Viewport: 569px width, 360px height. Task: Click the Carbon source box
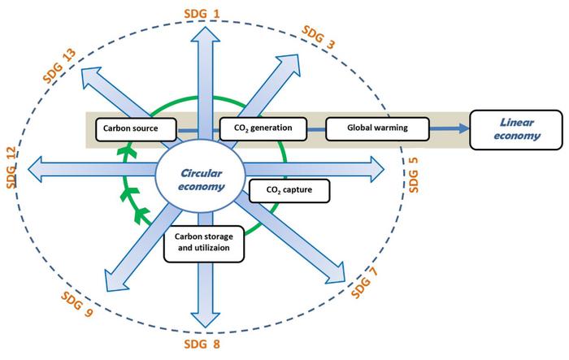point(136,128)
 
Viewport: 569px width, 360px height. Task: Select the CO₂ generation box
point(263,128)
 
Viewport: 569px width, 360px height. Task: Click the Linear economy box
point(516,128)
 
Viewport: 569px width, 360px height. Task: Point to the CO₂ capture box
point(289,190)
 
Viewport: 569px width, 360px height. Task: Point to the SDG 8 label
point(199,348)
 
